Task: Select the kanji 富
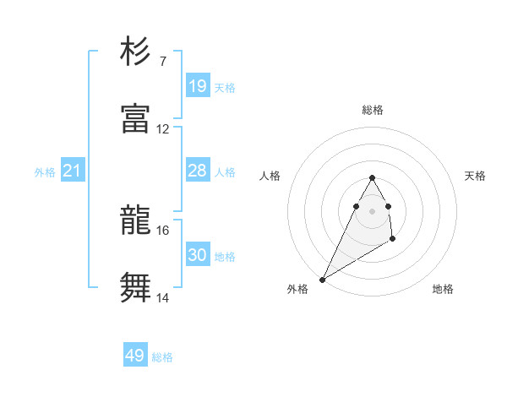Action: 135,118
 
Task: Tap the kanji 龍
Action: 135,221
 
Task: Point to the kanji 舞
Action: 135,287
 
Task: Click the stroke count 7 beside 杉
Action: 162,61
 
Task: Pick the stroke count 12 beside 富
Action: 163,129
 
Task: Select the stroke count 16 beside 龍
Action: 163,230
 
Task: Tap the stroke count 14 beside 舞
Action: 163,297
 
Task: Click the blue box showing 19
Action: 197,86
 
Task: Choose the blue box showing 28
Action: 197,171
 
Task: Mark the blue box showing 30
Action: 197,255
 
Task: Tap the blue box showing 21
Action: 73,171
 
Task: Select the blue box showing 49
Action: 135,356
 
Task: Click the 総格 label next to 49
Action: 162,357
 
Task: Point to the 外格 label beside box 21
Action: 45,172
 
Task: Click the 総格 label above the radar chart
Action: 372,110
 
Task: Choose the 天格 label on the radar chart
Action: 476,176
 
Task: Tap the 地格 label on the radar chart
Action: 443,289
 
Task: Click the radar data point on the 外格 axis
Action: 322,280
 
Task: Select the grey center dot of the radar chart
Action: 372,211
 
